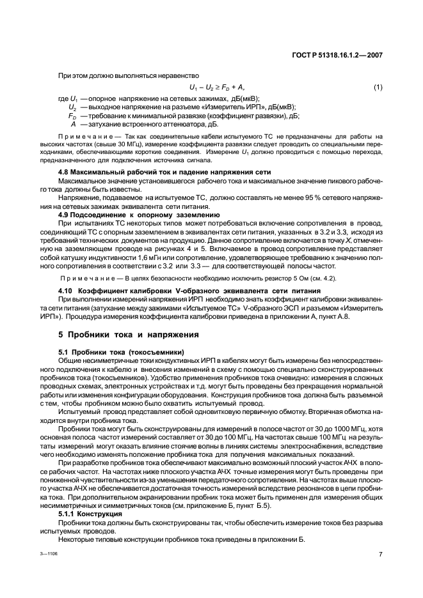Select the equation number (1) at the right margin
point(378,87)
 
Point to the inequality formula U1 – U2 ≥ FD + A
point(217,87)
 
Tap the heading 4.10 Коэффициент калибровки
point(164,291)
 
